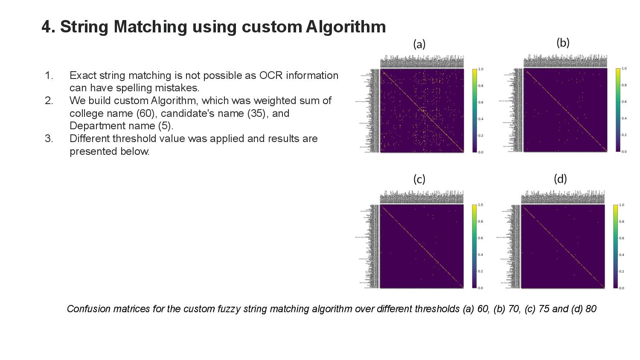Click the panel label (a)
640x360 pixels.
click(x=419, y=44)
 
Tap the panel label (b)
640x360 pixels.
click(x=563, y=43)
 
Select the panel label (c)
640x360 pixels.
click(x=419, y=180)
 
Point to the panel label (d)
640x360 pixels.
click(x=560, y=179)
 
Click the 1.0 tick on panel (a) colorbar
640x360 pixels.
click(x=481, y=69)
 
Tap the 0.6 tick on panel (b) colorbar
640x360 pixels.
click(x=624, y=102)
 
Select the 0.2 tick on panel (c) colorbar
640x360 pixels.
click(x=480, y=271)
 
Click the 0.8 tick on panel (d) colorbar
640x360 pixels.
click(x=621, y=222)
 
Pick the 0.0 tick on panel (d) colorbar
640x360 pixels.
click(x=621, y=288)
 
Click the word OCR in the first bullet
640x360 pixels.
click(x=271, y=75)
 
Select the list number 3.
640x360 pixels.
click(x=49, y=139)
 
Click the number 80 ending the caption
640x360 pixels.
click(x=591, y=309)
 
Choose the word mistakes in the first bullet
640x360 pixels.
click(x=180, y=88)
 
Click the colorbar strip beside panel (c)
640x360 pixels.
click(x=474, y=246)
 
